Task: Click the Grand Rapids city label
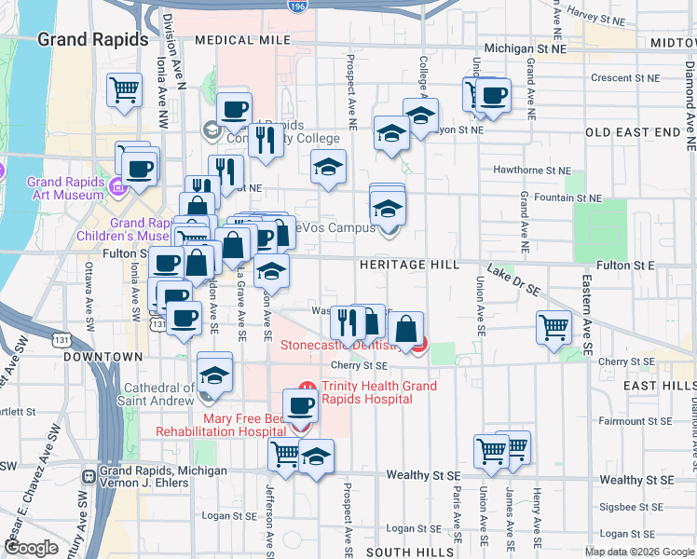pyautogui.click(x=92, y=39)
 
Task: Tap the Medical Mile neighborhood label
pyautogui.click(x=237, y=41)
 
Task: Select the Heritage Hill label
pyautogui.click(x=409, y=266)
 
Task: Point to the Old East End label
pyautogui.click(x=634, y=132)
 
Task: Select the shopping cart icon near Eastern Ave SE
pyautogui.click(x=553, y=327)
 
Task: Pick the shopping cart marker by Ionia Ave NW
pyautogui.click(x=124, y=89)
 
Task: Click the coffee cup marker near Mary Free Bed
pyautogui.click(x=300, y=406)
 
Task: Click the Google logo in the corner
pyautogui.click(x=32, y=548)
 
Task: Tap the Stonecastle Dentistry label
pyautogui.click(x=344, y=347)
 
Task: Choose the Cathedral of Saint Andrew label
pyautogui.click(x=157, y=394)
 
